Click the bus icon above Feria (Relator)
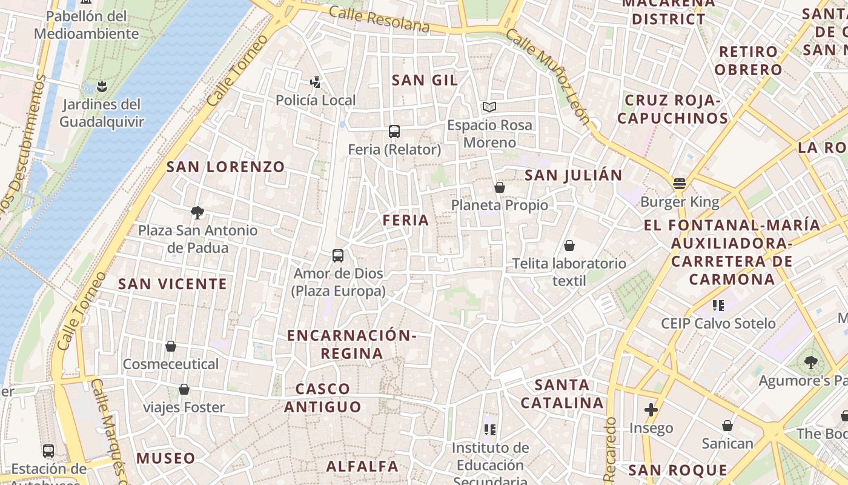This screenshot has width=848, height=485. [x=394, y=131]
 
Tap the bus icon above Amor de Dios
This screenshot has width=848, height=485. [x=338, y=256]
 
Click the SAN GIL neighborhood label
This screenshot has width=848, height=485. [x=424, y=80]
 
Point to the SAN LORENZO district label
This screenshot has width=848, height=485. [x=225, y=167]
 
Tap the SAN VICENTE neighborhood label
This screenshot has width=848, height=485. [x=173, y=284]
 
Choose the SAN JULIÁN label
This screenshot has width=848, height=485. [x=573, y=175]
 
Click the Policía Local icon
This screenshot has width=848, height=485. [x=315, y=82]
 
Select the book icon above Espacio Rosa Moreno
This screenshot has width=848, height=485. [x=489, y=107]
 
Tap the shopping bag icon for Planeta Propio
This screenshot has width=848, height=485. [x=500, y=187]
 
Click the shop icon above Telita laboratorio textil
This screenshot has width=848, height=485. [x=569, y=246]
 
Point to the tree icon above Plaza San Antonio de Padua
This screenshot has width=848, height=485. [x=197, y=212]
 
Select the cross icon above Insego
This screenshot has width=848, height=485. [x=651, y=410]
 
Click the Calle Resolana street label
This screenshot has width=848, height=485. [x=379, y=19]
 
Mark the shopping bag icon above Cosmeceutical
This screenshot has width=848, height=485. [x=171, y=346]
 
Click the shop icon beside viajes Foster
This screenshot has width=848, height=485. [x=184, y=389]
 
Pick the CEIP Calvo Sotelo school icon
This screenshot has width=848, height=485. [x=718, y=305]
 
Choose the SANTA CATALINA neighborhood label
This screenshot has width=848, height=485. [x=562, y=393]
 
